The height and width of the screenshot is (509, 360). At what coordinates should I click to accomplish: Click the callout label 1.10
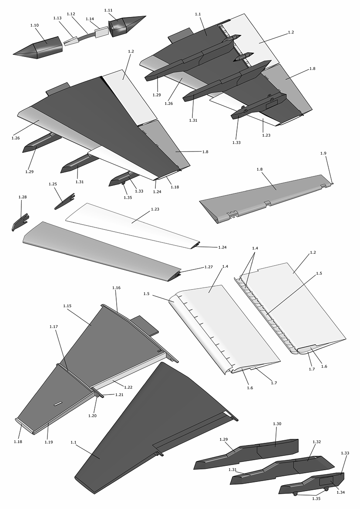tap(34, 26)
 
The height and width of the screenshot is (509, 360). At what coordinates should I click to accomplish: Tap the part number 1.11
tap(108, 9)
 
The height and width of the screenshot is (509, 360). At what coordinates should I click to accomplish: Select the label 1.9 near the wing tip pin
tap(323, 153)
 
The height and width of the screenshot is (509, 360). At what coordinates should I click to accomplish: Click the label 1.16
tap(116, 288)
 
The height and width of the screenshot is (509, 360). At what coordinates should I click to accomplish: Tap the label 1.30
tap(277, 424)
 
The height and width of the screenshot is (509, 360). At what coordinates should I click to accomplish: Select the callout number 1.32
tap(317, 442)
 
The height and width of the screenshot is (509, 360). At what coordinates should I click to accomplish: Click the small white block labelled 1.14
tap(101, 32)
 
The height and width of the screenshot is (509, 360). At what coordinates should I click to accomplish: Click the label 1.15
tap(67, 306)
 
